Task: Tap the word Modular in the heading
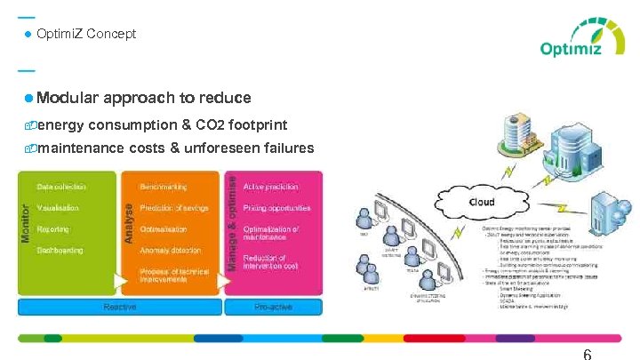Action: pos(68,98)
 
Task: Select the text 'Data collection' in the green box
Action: pos(61,187)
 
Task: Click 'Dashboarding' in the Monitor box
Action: pos(60,251)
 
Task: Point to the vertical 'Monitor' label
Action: pos(25,225)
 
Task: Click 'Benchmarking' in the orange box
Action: pos(164,187)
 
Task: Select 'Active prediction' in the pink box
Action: pos(271,187)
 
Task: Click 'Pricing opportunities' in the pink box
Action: pos(277,208)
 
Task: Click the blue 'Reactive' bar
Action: pos(120,307)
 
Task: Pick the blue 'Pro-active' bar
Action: pos(273,307)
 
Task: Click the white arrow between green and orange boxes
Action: pos(121,282)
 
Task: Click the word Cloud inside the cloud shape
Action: pos(481,203)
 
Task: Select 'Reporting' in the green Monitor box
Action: pos(53,229)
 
